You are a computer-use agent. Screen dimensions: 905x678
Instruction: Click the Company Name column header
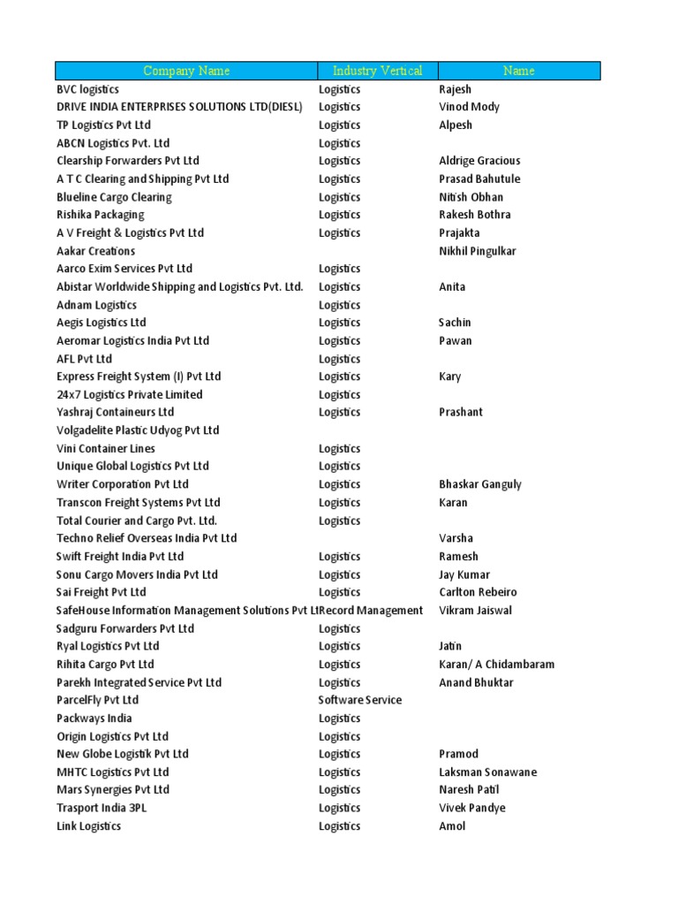186,71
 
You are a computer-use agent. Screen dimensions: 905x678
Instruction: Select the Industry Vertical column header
377,71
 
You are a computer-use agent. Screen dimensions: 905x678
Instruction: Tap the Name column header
518,71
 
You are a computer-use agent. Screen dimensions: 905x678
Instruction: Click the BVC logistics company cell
88,89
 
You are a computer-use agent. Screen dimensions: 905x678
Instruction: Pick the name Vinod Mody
469,107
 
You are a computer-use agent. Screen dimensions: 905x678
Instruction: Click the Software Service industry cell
360,700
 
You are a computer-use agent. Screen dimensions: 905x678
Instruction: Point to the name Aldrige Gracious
479,161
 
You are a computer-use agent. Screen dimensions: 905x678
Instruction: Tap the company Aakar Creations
96,251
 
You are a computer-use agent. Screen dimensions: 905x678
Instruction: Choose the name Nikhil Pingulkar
478,251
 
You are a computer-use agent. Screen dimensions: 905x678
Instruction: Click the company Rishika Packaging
101,215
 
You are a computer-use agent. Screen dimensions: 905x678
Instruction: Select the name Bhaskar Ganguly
480,484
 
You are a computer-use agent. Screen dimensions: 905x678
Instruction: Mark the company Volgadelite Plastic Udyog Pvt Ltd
138,430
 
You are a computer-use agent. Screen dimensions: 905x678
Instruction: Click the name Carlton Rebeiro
478,592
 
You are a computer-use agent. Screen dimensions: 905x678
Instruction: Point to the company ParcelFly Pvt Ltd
98,700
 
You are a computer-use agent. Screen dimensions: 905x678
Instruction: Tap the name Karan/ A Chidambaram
497,665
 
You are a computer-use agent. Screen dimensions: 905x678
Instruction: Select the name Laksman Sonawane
487,772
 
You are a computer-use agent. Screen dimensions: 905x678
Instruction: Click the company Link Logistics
89,826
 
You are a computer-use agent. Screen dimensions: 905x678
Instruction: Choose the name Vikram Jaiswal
475,611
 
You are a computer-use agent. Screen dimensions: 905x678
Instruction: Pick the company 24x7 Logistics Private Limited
130,394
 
